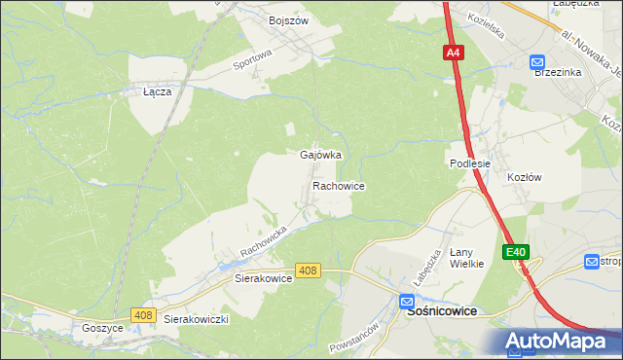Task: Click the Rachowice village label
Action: pyautogui.click(x=339, y=185)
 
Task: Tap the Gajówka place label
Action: pyautogui.click(x=320, y=155)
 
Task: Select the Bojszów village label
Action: pyautogui.click(x=287, y=19)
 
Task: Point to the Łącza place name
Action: pyautogui.click(x=157, y=91)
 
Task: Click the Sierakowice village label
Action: pyautogui.click(x=264, y=277)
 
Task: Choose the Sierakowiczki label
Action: pyautogui.click(x=196, y=319)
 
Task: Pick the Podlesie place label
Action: pyautogui.click(x=469, y=163)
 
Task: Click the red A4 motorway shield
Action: pyautogui.click(x=455, y=54)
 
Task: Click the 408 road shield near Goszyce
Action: pyautogui.click(x=143, y=314)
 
